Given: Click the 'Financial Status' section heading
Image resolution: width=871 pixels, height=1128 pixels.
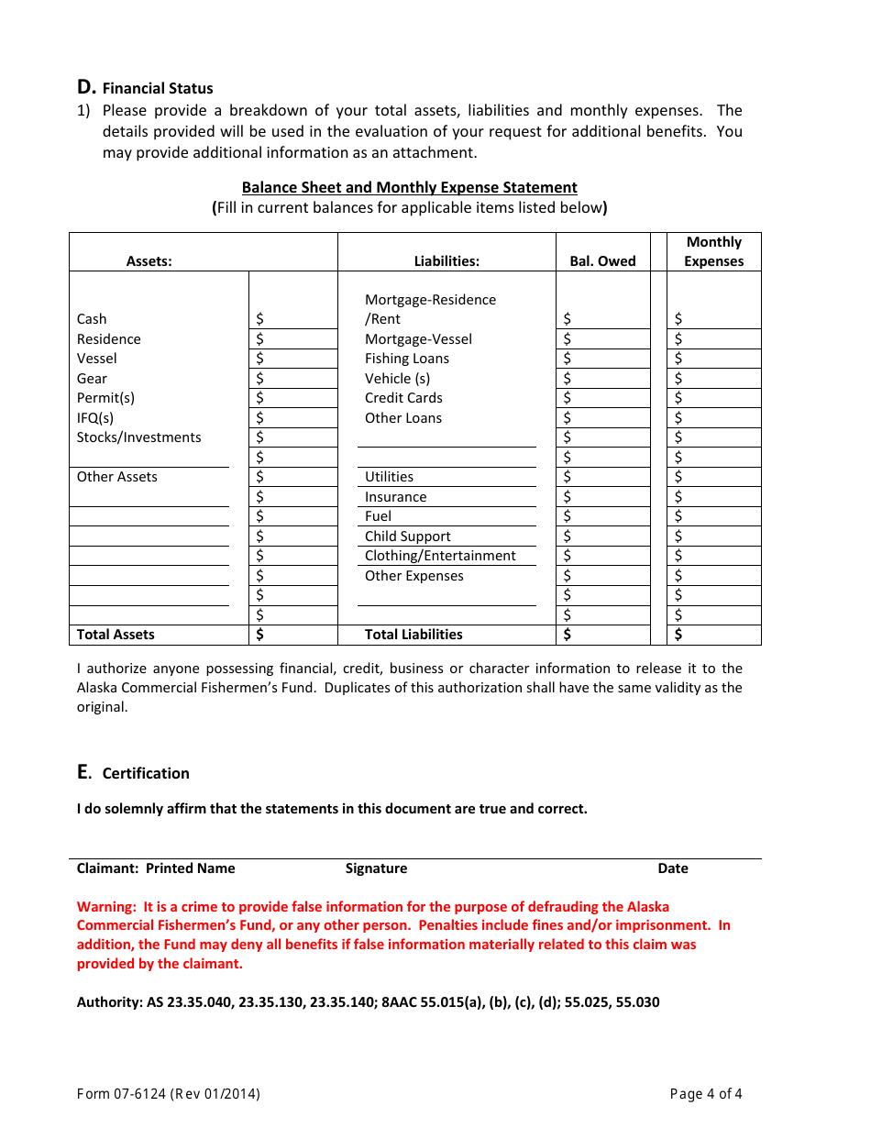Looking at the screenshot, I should tap(157, 89).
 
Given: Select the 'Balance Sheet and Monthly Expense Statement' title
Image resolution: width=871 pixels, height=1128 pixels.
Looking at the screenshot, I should tap(409, 188).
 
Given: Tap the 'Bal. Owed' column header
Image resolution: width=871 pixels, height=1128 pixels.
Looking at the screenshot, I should tap(602, 261).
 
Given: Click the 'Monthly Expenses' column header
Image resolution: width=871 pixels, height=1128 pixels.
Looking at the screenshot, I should tap(713, 251).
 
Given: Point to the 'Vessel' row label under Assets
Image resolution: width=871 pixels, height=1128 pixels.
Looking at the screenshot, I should tap(97, 359).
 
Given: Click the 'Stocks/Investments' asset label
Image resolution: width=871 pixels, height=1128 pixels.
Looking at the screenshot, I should tap(138, 437).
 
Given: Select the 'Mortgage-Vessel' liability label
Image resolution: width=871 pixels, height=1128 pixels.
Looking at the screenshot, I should tap(418, 339).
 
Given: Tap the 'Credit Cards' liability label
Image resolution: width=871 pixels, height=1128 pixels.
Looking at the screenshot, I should tap(403, 398).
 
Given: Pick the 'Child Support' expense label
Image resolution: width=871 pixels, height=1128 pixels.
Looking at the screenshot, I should tap(407, 536).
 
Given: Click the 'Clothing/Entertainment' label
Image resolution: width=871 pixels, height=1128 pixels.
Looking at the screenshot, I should tap(440, 556).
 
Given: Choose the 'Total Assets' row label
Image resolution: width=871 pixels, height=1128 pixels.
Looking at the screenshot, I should tap(116, 635).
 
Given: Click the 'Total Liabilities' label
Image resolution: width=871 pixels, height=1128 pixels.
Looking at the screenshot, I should tap(413, 635).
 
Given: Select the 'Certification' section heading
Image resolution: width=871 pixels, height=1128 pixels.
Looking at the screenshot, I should tap(146, 773).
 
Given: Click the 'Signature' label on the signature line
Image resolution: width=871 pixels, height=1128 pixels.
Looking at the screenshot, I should tap(376, 868).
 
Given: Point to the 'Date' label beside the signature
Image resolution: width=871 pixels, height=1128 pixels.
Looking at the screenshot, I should tap(672, 868).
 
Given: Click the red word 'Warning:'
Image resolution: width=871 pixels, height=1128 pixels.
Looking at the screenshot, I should tap(106, 907).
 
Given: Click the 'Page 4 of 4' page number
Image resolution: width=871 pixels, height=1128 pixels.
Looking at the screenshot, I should tap(706, 1094).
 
